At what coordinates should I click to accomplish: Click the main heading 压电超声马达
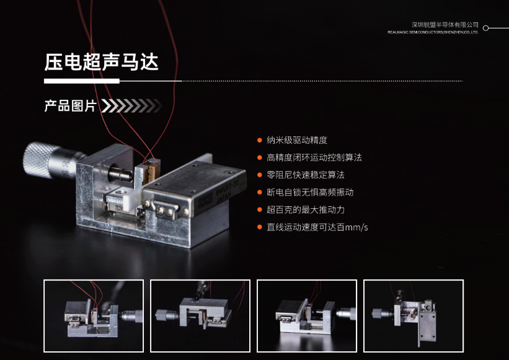(101, 61)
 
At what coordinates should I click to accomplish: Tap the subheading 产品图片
(70, 106)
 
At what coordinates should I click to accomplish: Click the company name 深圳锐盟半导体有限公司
(445, 25)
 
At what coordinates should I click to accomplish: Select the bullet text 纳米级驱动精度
(297, 140)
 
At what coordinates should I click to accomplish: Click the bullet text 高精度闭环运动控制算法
(314, 157)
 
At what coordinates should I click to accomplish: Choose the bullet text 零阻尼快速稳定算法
(306, 175)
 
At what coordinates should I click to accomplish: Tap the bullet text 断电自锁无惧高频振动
(310, 192)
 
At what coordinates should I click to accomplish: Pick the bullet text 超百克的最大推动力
(306, 209)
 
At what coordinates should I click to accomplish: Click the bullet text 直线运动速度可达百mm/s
(317, 227)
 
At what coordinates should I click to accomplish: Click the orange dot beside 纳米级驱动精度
(259, 141)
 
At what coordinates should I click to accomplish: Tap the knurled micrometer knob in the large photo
(37, 160)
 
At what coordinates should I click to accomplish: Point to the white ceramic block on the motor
(132, 198)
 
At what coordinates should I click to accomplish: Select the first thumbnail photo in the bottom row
(94, 316)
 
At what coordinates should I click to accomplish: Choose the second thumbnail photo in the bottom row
(200, 316)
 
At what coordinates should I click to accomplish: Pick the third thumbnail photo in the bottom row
(307, 316)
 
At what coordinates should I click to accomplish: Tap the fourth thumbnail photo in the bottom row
(414, 316)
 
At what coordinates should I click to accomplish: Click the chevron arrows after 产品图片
(131, 106)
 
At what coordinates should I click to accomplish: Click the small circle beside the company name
(485, 28)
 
